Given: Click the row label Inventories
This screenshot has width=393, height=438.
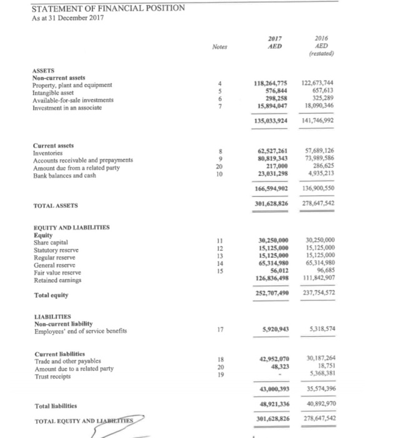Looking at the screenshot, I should point(47,151).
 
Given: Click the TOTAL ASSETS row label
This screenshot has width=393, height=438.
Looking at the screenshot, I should point(56,205).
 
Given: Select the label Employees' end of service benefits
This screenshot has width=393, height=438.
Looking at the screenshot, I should point(83,331).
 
